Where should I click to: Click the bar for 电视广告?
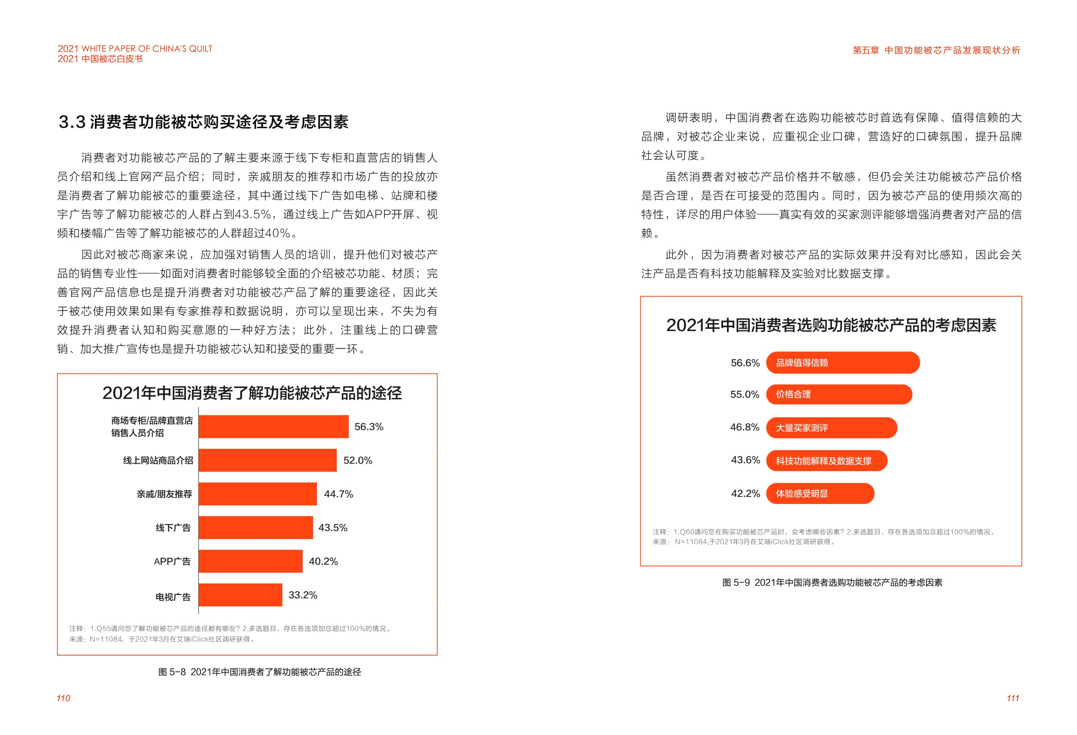[240, 595]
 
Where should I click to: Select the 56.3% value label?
[368, 426]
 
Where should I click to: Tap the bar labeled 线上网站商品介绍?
[268, 460]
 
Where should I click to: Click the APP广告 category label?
[172, 562]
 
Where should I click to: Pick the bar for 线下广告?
[255, 527]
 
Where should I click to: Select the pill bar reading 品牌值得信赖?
[842, 363]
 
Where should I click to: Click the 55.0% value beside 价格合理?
[744, 395]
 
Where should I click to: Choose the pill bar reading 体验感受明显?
[819, 493]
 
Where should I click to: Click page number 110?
[64, 698]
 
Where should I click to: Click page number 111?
[1013, 698]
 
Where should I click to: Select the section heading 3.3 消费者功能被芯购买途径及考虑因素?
[204, 122]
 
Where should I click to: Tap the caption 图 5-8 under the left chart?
[260, 672]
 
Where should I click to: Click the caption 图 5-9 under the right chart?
[832, 582]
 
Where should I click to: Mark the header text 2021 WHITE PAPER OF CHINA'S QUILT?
[135, 49]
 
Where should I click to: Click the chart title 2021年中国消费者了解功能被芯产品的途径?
[252, 393]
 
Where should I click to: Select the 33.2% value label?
[303, 595]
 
